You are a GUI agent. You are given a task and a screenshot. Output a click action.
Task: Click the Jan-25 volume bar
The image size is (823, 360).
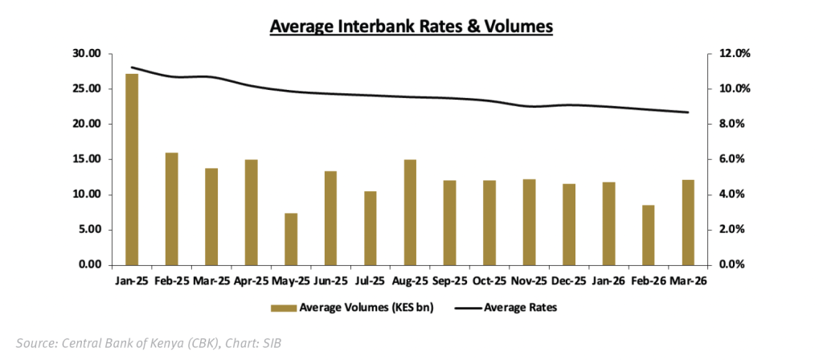(132, 169)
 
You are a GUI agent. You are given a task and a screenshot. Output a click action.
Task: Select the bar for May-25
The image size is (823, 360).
(291, 239)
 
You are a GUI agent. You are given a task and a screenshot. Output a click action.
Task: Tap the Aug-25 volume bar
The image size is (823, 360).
(410, 212)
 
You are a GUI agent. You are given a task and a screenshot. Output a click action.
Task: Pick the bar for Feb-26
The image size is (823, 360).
(648, 235)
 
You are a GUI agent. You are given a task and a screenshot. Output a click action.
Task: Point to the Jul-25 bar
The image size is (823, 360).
(370, 227)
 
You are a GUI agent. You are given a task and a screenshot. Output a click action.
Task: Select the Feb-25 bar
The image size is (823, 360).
(171, 208)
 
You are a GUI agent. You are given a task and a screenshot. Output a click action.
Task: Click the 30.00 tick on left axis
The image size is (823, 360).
(85, 54)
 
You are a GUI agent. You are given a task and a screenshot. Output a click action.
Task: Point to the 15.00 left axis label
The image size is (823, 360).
(85, 159)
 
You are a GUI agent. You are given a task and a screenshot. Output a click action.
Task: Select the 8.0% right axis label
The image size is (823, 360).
(730, 124)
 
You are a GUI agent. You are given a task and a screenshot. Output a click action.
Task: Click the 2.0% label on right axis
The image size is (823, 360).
(730, 230)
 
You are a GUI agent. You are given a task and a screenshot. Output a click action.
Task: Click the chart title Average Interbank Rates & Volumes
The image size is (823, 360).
(411, 26)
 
